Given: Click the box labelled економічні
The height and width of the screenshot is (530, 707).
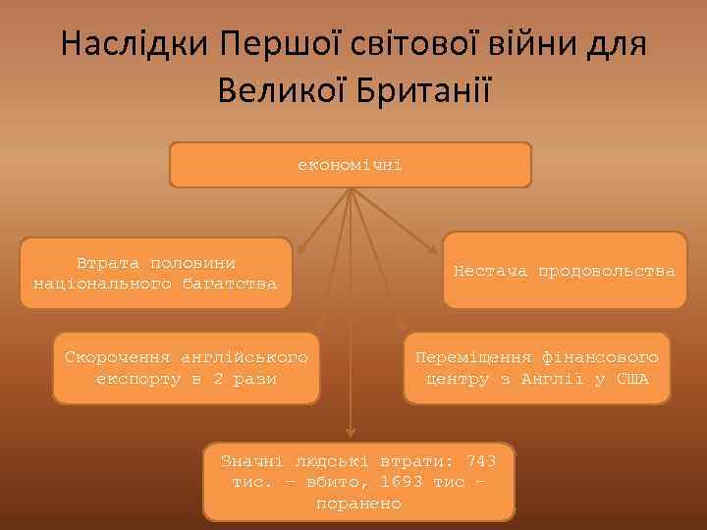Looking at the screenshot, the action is point(351,165).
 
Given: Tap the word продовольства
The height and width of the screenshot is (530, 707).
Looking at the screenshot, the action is point(606,270).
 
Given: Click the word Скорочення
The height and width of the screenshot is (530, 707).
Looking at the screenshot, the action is point(118,357).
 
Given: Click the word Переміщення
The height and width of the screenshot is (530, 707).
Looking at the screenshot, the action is point(472,357).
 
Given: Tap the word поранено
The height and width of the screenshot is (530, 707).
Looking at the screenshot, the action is point(358,503).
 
